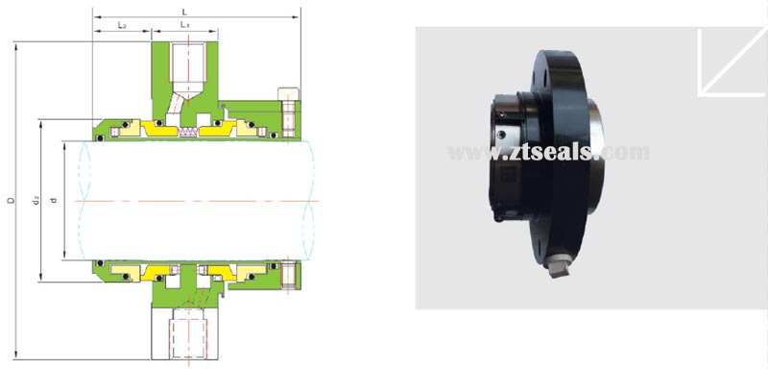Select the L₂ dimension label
click(x=122, y=24)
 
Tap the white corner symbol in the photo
click(x=731, y=62)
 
